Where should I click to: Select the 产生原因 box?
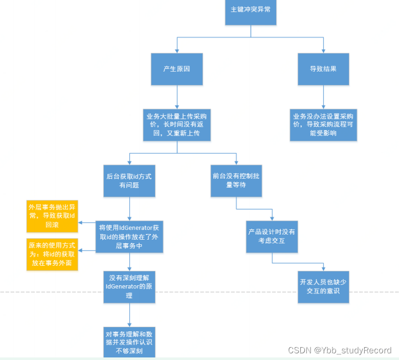(x=176, y=69)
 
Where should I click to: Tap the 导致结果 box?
(x=323, y=69)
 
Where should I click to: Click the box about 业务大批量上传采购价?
(x=176, y=124)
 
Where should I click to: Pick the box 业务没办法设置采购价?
(x=323, y=124)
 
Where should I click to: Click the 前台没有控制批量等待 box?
(x=236, y=180)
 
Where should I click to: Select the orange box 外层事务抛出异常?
(x=52, y=214)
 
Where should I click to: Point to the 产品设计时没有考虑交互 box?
(x=272, y=236)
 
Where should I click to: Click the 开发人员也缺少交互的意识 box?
(x=323, y=287)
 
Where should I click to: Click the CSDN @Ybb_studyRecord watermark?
(x=340, y=350)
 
